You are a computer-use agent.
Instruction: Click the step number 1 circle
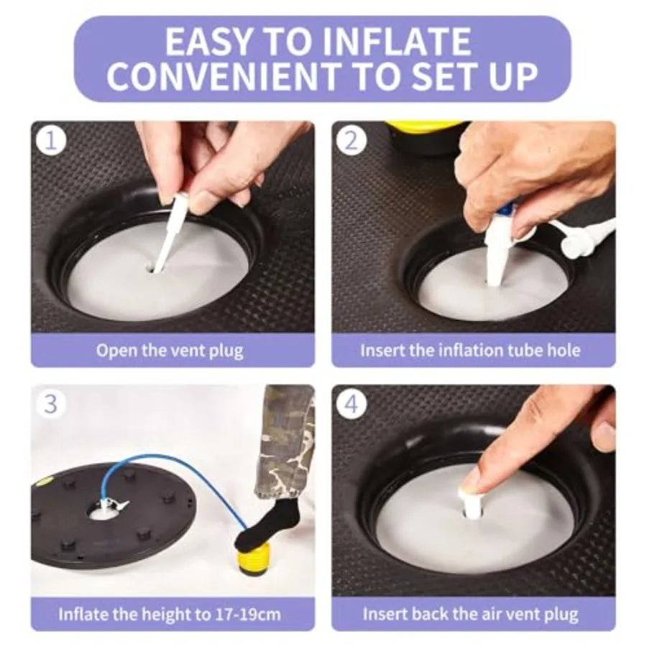click(51, 141)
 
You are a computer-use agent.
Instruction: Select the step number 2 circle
click(351, 141)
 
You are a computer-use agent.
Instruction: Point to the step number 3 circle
click(51, 403)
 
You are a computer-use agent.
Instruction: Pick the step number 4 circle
click(351, 403)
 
